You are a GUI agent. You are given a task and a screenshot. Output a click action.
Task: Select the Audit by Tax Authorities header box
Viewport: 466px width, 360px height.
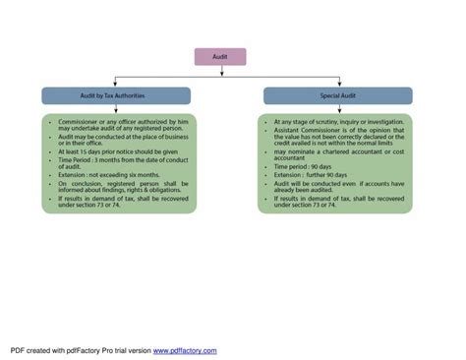[116, 95]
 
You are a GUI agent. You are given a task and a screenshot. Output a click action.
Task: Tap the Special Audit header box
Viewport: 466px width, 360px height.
[337, 95]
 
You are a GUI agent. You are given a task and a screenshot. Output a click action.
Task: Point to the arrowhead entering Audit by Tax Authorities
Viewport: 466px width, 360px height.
[116, 85]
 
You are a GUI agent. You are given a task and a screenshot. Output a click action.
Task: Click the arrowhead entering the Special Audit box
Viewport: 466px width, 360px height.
[337, 85]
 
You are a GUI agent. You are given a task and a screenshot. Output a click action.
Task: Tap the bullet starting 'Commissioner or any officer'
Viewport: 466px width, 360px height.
[121, 125]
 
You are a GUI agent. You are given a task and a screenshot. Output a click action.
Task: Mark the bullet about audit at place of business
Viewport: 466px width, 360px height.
[120, 140]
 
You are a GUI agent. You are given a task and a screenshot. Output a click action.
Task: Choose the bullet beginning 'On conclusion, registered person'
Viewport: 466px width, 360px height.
[121, 187]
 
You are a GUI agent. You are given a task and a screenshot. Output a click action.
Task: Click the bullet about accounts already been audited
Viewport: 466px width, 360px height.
[334, 186]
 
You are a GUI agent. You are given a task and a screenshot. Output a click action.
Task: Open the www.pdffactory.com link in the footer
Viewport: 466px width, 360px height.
[185, 350]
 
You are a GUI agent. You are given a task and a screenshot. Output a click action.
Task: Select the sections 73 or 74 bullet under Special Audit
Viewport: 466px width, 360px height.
[334, 202]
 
